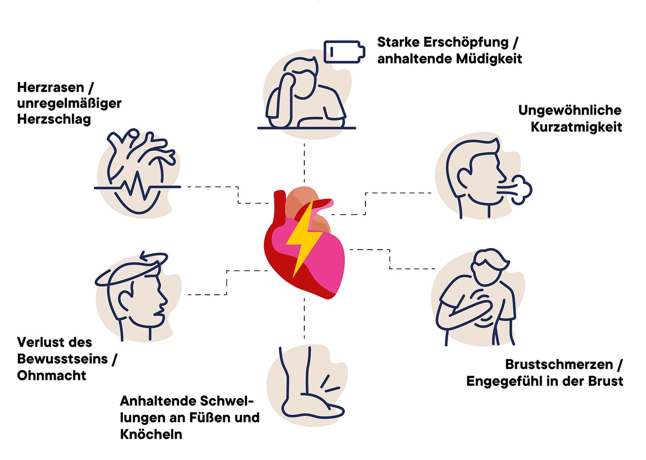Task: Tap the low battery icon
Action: [x=344, y=52]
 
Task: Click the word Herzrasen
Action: [x=51, y=87]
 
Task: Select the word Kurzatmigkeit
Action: [x=576, y=127]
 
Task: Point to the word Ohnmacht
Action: [x=52, y=376]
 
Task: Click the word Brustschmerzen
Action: [x=559, y=365]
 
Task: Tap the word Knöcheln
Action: [x=151, y=434]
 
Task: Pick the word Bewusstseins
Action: [x=62, y=359]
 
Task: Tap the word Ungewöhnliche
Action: [x=570, y=110]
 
